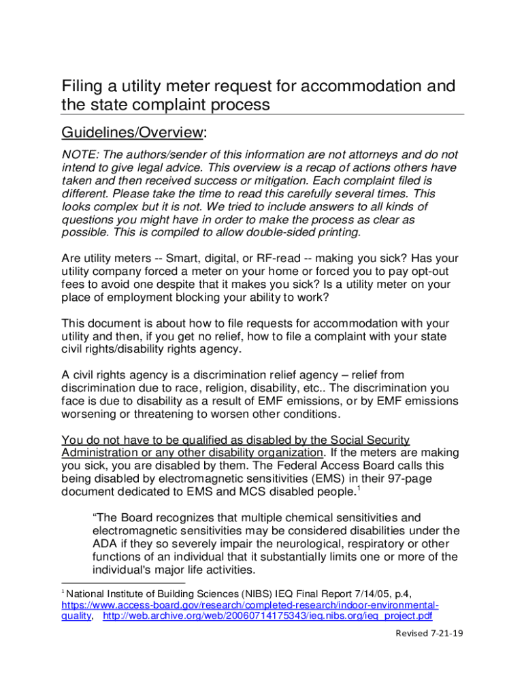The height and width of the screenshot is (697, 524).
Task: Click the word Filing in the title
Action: (81, 86)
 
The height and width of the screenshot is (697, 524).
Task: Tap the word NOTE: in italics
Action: (80, 155)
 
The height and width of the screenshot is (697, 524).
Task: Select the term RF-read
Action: (280, 259)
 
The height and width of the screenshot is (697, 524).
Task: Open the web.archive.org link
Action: (267, 616)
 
